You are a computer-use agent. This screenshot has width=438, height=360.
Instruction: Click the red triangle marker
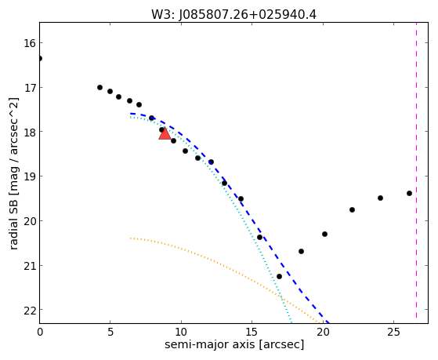pyautogui.click(x=165, y=133)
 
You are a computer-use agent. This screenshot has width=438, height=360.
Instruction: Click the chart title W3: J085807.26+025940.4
pyautogui.click(x=233, y=15)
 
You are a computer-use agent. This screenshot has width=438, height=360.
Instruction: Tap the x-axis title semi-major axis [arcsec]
pyautogui.click(x=234, y=344)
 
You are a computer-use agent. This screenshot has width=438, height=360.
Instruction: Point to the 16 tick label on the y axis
pyautogui.click(x=29, y=43)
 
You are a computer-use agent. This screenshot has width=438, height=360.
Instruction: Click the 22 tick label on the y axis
pyautogui.click(x=29, y=310)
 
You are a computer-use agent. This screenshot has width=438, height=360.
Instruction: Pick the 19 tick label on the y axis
pyautogui.click(x=29, y=176)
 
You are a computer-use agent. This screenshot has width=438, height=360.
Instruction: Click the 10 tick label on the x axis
pyautogui.click(x=181, y=332)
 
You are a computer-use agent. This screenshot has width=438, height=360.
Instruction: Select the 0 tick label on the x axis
pyautogui.click(x=40, y=332)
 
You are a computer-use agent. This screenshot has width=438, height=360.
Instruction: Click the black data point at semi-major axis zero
pyautogui.click(x=40, y=59)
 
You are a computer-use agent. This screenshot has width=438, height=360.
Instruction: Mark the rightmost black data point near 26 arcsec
pyautogui.click(x=409, y=193)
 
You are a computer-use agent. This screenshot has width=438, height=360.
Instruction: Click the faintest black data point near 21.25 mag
pyautogui.click(x=279, y=276)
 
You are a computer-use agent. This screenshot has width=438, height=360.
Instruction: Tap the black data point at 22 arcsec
pyautogui.click(x=352, y=209)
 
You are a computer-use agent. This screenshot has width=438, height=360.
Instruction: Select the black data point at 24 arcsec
pyautogui.click(x=380, y=198)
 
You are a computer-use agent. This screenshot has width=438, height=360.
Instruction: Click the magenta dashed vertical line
pyautogui.click(x=416, y=170)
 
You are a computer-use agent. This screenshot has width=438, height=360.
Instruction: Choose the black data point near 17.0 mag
pyautogui.click(x=100, y=88)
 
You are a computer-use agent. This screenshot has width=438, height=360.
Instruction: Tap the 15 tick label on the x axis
pyautogui.click(x=252, y=332)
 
